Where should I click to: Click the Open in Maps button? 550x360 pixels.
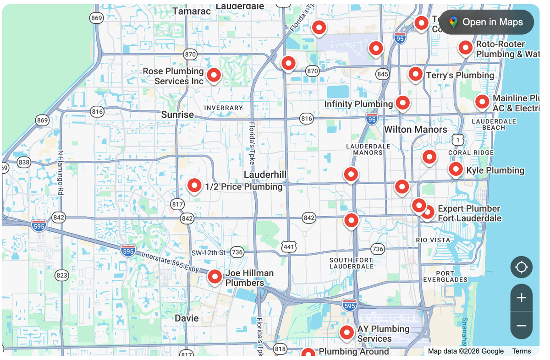pyautogui.click(x=486, y=22)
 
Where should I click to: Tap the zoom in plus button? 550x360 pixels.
pyautogui.click(x=521, y=298)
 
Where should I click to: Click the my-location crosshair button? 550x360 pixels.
pyautogui.click(x=521, y=267)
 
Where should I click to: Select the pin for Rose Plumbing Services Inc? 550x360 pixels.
pyautogui.click(x=214, y=75)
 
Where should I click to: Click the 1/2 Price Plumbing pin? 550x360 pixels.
pyautogui.click(x=194, y=185)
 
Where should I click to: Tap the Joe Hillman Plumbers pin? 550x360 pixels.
pyautogui.click(x=214, y=276)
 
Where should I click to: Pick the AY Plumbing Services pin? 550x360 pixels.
pyautogui.click(x=346, y=332)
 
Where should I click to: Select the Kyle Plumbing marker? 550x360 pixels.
pyautogui.click(x=456, y=169)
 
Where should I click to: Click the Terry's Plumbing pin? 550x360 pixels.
pyautogui.click(x=415, y=74)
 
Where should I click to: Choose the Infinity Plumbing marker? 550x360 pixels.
pyautogui.click(x=402, y=103)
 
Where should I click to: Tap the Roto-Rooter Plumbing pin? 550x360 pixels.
pyautogui.click(x=466, y=47)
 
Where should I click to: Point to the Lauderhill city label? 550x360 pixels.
pyautogui.click(x=265, y=175)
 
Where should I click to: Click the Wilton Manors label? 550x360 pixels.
pyautogui.click(x=415, y=130)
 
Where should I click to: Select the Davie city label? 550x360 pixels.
pyautogui.click(x=187, y=318)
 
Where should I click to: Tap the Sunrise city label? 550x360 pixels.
pyautogui.click(x=177, y=115)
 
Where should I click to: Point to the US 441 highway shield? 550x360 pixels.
pyautogui.click(x=289, y=246)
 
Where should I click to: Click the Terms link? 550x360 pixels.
pyautogui.click(x=521, y=351)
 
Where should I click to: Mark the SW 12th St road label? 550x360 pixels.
pyautogui.click(x=209, y=253)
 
